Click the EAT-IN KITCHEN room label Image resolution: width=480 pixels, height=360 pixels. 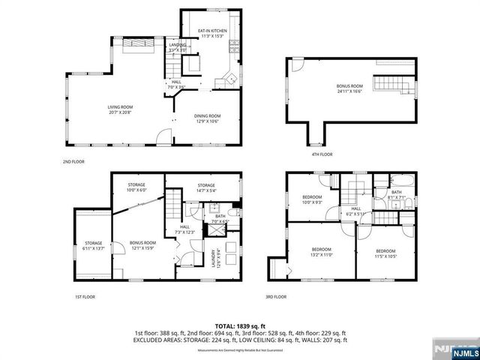coord(212,33)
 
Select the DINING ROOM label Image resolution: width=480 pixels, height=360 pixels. coord(208,117)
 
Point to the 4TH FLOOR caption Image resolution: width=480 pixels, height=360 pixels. coord(322,154)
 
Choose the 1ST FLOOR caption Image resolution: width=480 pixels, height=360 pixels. coord(83,296)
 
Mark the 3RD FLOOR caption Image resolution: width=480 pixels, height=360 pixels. coord(276,296)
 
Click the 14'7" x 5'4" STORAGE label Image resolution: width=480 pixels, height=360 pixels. coord(206,187)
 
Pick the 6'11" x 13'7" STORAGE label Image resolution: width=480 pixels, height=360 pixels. coord(93,245)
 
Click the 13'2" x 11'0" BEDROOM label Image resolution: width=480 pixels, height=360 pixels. coord(321,252)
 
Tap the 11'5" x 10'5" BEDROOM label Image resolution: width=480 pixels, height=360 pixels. coord(385,253)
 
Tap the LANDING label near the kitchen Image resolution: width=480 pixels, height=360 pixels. coord(177,47)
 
